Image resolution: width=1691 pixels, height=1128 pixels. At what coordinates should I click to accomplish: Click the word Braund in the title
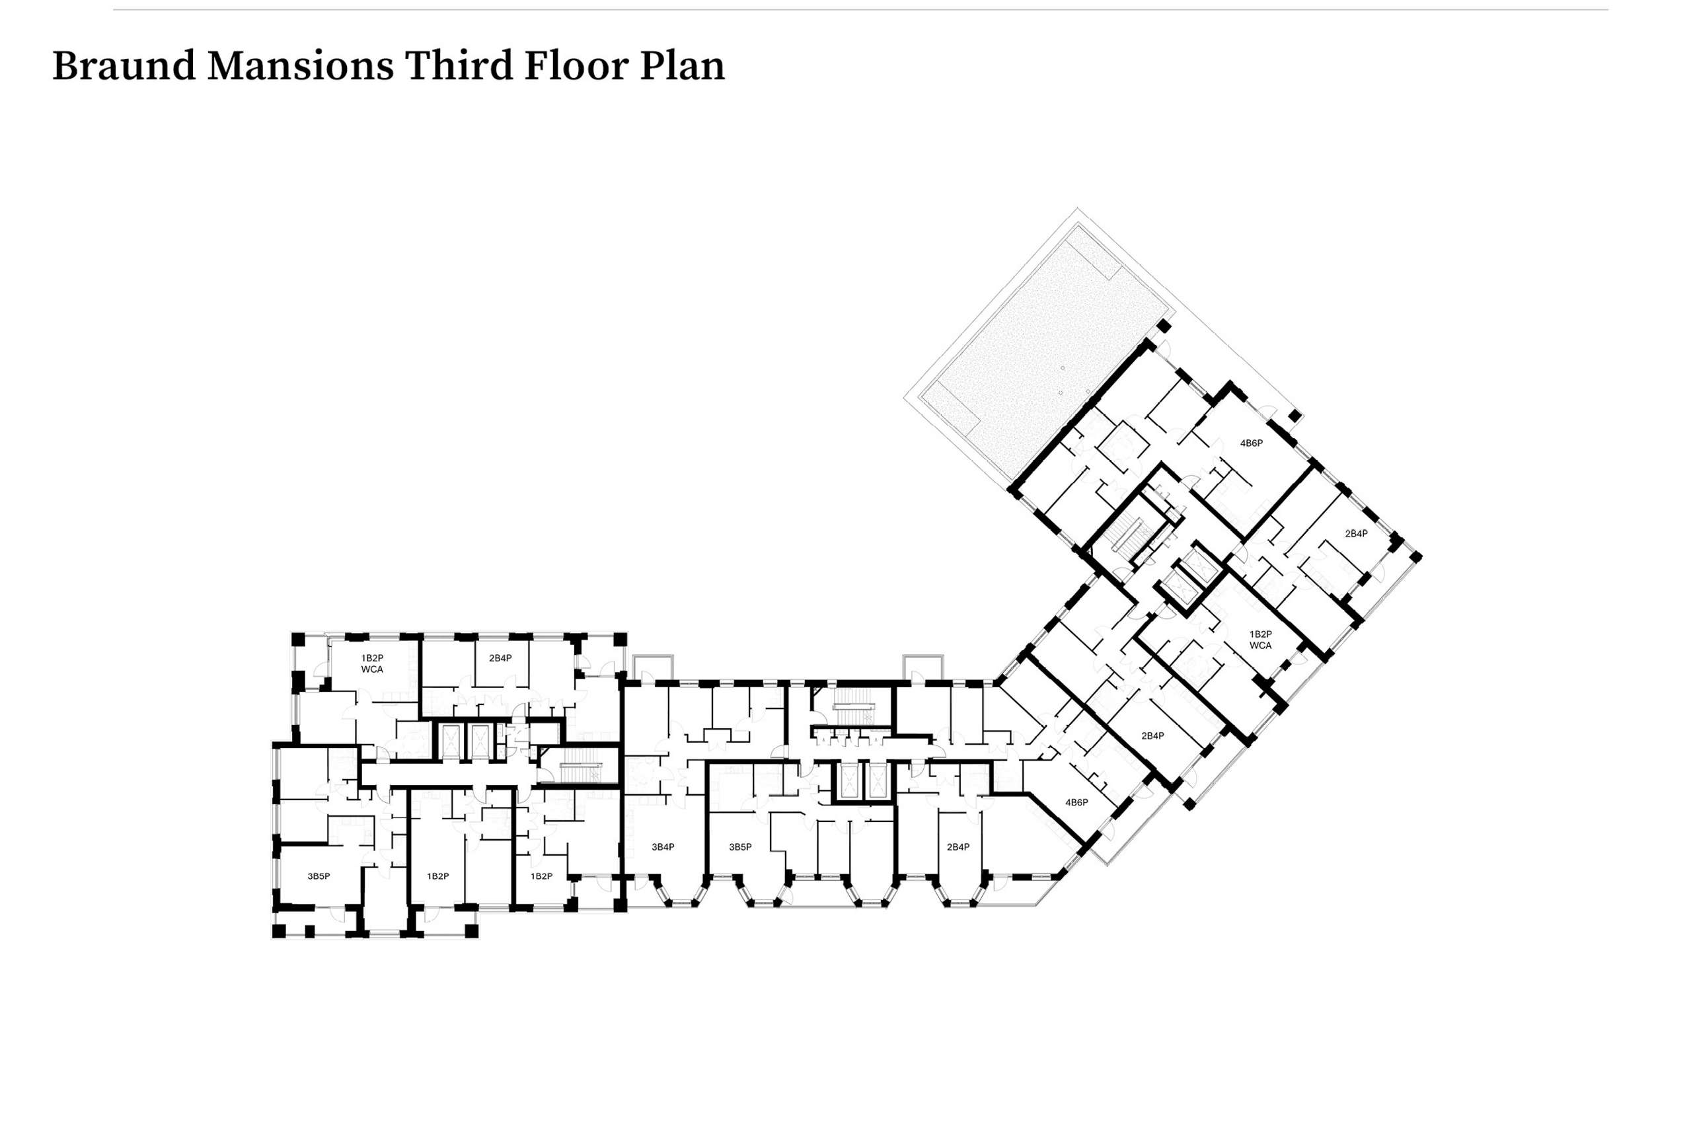(124, 65)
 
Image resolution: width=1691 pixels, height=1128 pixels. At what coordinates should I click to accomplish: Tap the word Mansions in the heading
(300, 65)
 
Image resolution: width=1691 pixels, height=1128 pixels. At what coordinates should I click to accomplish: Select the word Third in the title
(458, 65)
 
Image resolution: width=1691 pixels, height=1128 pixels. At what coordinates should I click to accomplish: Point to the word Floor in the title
(576, 65)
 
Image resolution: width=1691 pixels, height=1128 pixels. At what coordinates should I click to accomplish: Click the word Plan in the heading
(682, 65)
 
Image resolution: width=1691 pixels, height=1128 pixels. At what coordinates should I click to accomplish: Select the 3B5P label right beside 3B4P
(740, 846)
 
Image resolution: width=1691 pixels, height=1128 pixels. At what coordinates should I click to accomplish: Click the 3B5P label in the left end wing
(319, 876)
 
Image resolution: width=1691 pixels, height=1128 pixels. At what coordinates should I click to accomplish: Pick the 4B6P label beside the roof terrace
(1251, 443)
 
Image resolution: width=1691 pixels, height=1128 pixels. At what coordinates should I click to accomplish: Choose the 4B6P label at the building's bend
(1076, 802)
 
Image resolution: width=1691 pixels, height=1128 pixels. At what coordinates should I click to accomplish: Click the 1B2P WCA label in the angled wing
(1260, 640)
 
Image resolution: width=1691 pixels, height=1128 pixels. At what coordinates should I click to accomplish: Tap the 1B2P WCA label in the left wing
(372, 663)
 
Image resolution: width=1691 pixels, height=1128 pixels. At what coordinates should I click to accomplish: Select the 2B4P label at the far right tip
(1356, 533)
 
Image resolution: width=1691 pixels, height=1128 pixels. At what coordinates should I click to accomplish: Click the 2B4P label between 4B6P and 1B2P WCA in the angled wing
(1152, 735)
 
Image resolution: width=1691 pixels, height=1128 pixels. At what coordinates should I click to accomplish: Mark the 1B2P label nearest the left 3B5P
(438, 876)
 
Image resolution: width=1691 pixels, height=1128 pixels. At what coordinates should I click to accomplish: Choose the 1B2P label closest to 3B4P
(542, 876)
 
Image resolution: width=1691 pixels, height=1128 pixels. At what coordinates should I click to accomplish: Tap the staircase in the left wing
(580, 764)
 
